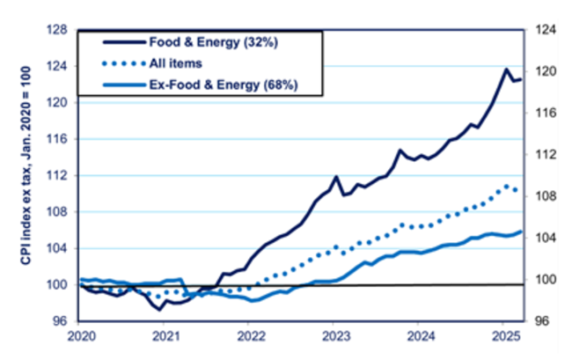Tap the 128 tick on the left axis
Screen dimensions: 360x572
pyautogui.click(x=60, y=30)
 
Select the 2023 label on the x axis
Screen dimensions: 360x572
pyautogui.click(x=335, y=336)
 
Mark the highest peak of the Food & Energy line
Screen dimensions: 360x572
pyautogui.click(x=507, y=69)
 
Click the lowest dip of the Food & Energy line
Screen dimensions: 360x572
pyautogui.click(x=160, y=310)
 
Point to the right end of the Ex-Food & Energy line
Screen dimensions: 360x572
pyautogui.click(x=521, y=231)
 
